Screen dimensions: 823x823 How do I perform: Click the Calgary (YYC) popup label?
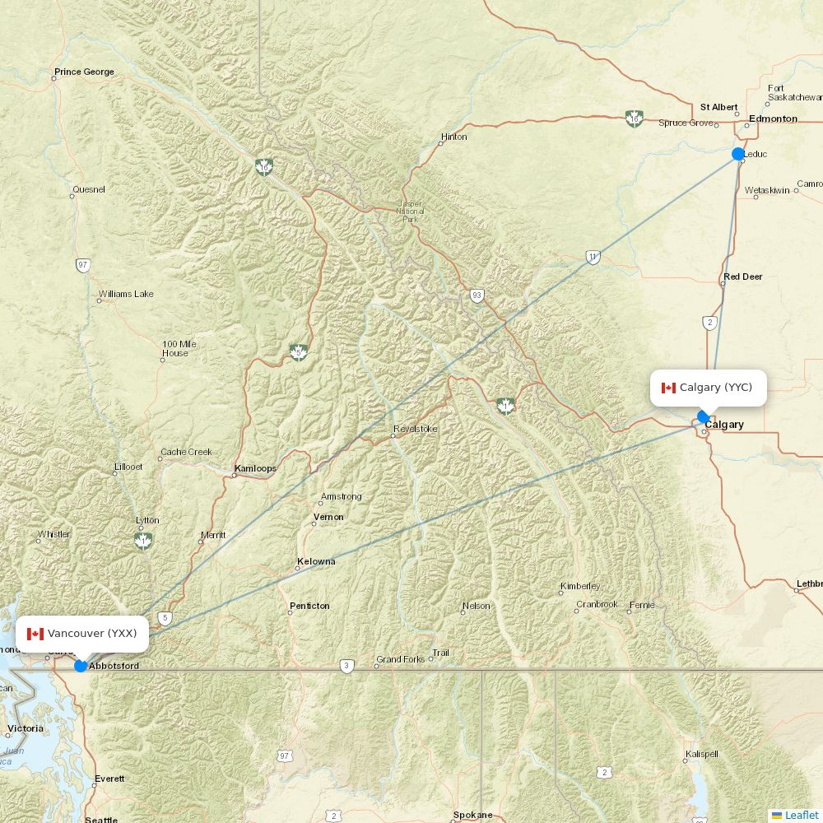(x=709, y=388)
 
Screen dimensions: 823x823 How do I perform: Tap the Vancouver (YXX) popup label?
(x=82, y=634)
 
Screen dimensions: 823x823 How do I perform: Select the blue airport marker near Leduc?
(x=738, y=154)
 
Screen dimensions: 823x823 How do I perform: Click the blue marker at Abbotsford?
(x=81, y=665)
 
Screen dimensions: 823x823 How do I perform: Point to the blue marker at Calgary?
(x=703, y=416)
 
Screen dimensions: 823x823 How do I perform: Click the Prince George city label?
(x=84, y=72)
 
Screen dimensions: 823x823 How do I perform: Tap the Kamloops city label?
(x=255, y=469)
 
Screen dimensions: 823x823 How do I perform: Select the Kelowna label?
(x=316, y=562)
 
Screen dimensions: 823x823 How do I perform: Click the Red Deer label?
(x=743, y=277)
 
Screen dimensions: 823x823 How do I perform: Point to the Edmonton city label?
(x=773, y=119)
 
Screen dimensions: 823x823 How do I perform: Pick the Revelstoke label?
(x=416, y=430)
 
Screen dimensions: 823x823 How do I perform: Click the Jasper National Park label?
(x=410, y=212)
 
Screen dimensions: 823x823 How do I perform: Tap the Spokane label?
(x=472, y=815)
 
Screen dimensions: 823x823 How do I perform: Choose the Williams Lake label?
(x=126, y=294)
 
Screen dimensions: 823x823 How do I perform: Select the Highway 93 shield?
(x=477, y=295)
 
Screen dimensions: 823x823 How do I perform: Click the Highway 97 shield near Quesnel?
(x=82, y=265)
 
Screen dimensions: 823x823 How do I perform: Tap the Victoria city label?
(x=26, y=728)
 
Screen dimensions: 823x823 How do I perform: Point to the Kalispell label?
(x=701, y=754)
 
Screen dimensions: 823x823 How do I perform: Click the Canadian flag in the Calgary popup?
(x=668, y=388)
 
